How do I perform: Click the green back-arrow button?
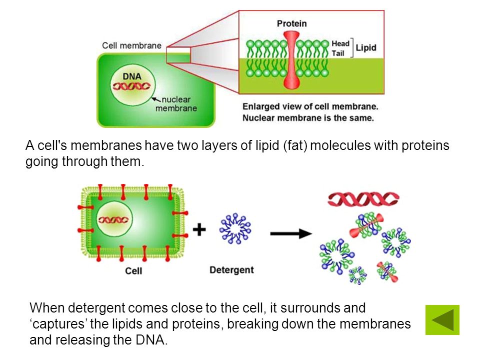pos(442,320)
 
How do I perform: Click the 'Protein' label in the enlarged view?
pos(291,23)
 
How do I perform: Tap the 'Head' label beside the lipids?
pos(340,43)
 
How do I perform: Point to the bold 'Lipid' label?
pos(366,48)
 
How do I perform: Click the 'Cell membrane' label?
pos(132,45)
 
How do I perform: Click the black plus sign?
pos(199,229)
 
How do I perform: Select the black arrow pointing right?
pos(291,233)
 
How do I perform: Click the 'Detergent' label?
pos(231,270)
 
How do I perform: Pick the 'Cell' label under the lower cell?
pos(133,271)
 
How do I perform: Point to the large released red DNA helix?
pos(363,199)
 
